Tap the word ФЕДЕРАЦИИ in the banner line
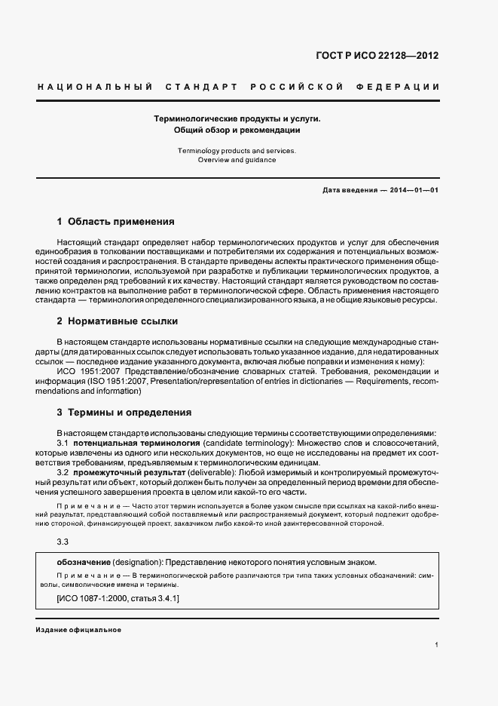point(406,87)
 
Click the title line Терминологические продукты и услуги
point(237,118)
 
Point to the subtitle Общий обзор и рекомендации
point(237,130)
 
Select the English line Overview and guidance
point(237,160)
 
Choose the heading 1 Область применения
point(115,222)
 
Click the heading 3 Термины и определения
point(124,413)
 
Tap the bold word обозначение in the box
point(84,562)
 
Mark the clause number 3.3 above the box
point(63,541)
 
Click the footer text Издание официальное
point(78,629)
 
